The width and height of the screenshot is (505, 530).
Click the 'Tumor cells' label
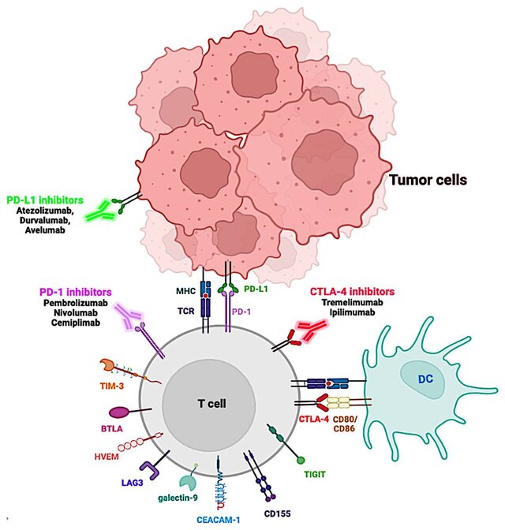coord(428,180)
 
